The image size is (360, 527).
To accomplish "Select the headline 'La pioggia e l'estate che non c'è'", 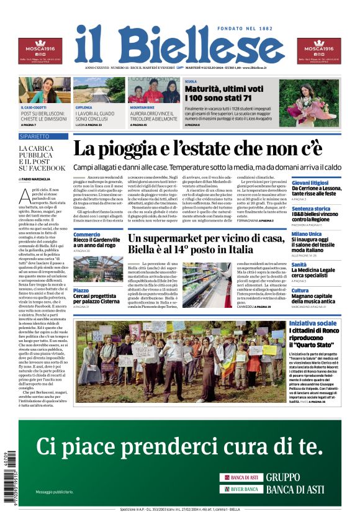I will (x=197, y=150).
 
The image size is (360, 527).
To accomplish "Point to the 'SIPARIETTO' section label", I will (x=35, y=136).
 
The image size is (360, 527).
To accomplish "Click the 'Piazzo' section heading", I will (x=81, y=291).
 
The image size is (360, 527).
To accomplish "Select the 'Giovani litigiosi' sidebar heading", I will (x=310, y=183).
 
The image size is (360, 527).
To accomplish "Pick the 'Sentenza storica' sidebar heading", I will (x=311, y=209).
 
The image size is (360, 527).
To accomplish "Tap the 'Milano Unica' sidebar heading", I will (x=307, y=235).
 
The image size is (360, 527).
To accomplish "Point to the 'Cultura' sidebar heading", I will (x=300, y=291).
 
